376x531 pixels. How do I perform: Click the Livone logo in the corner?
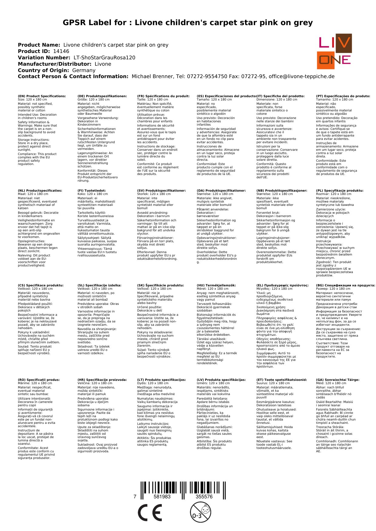(x=334, y=51)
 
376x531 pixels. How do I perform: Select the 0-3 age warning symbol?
(x=200, y=512)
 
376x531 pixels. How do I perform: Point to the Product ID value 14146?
(x=61, y=51)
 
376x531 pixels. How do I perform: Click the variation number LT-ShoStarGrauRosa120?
(x=105, y=58)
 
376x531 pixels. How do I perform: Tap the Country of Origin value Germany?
(x=84, y=71)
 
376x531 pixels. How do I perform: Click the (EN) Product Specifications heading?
(x=42, y=96)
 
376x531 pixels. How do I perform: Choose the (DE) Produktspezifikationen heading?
(x=102, y=96)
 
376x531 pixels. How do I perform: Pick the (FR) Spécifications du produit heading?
(x=163, y=96)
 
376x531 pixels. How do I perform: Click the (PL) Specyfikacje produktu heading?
(x=340, y=191)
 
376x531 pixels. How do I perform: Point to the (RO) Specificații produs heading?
(x=39, y=380)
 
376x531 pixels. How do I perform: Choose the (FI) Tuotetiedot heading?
(x=92, y=191)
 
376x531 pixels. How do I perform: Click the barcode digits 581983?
(x=162, y=497)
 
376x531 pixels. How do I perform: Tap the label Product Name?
(x=39, y=45)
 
